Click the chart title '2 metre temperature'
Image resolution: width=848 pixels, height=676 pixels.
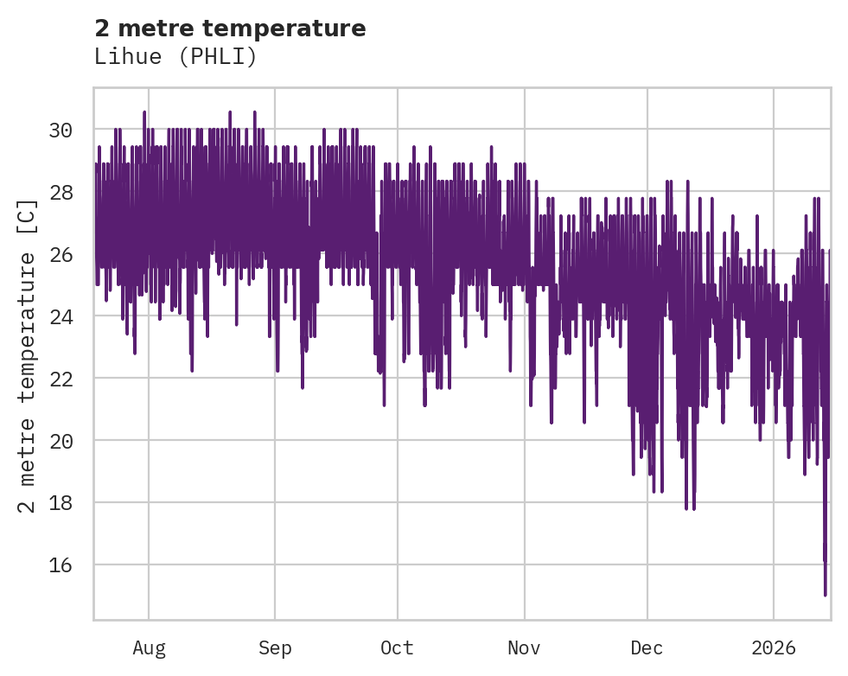click(x=230, y=29)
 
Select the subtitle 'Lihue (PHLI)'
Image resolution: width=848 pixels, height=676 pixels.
click(x=175, y=57)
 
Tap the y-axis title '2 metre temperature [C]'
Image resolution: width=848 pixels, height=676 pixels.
click(x=28, y=355)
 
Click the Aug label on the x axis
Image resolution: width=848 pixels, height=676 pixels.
click(x=149, y=647)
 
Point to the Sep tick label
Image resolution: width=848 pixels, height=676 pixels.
click(x=275, y=647)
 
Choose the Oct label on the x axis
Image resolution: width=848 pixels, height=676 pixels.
click(x=398, y=647)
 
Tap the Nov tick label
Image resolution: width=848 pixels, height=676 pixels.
click(x=524, y=647)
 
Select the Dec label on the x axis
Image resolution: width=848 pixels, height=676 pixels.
click(x=647, y=647)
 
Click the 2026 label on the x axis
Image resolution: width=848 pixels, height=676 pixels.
click(x=774, y=647)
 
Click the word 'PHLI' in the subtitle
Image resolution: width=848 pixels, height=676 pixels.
click(x=226, y=57)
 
